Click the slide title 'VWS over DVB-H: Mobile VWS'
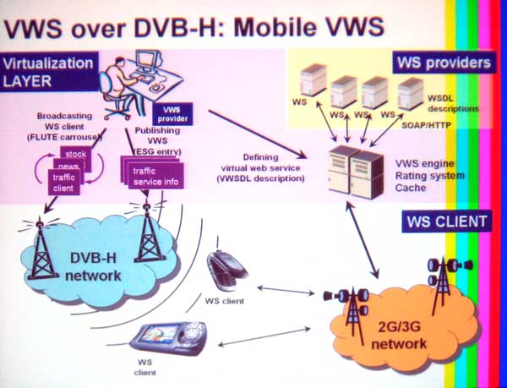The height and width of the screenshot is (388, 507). coord(194,27)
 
